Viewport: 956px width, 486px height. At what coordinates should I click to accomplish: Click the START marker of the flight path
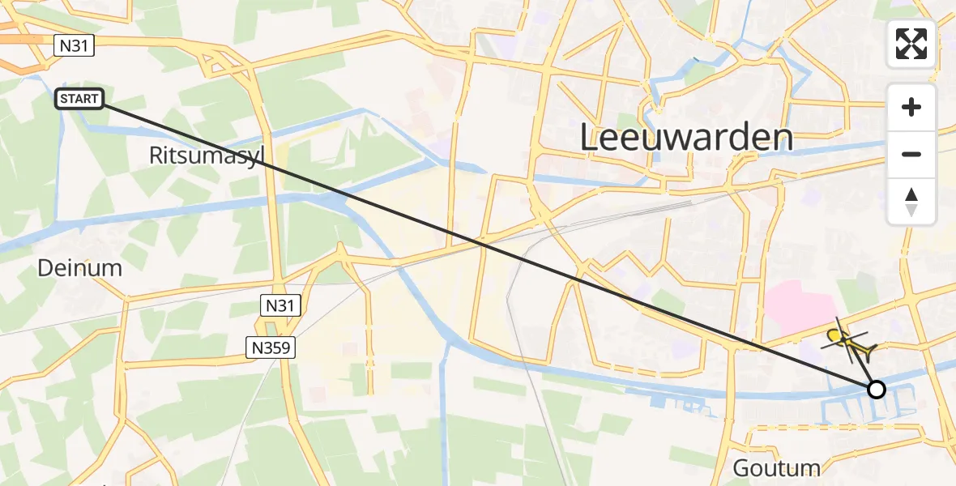pyautogui.click(x=79, y=100)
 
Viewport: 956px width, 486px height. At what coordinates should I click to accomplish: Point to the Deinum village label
pyautogui.click(x=79, y=268)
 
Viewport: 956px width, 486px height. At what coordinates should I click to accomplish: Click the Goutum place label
pyautogui.click(x=776, y=467)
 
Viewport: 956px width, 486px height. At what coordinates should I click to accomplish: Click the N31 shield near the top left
pyautogui.click(x=75, y=47)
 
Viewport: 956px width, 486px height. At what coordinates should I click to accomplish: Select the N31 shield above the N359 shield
pyautogui.click(x=281, y=305)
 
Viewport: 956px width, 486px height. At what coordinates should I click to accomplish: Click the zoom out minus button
pyautogui.click(x=911, y=154)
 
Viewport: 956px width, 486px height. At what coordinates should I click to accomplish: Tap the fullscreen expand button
pyautogui.click(x=911, y=44)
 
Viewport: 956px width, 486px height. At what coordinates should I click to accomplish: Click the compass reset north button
pyautogui.click(x=911, y=202)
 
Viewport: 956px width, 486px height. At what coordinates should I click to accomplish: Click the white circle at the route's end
pyautogui.click(x=876, y=390)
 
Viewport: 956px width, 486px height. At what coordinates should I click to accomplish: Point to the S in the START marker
pyautogui.click(x=62, y=100)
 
